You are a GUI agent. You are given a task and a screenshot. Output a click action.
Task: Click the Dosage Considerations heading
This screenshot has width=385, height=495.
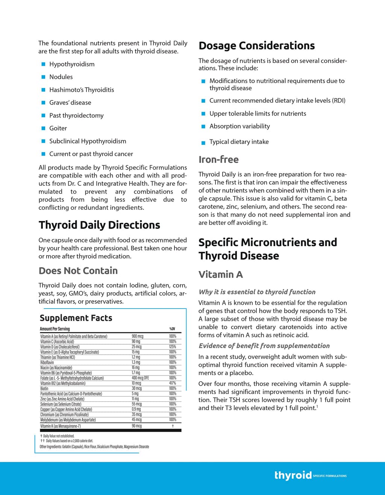(x=256, y=46)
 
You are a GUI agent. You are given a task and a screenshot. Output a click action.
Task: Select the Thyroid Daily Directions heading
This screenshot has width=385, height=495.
(x=99, y=225)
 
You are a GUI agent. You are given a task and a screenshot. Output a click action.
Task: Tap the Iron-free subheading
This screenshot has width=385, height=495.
(x=218, y=160)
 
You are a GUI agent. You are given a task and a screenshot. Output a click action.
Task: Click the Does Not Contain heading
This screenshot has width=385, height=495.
(x=78, y=271)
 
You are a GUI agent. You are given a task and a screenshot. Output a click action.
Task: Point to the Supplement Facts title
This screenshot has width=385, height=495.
(x=76, y=318)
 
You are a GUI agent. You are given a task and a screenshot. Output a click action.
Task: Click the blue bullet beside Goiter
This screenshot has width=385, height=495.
(x=43, y=129)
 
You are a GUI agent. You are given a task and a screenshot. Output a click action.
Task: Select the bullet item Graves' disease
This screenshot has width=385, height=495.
(x=70, y=103)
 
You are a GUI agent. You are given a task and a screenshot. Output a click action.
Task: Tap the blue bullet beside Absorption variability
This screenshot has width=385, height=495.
(x=203, y=127)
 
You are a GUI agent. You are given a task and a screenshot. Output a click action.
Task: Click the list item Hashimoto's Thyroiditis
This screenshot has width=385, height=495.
(x=82, y=90)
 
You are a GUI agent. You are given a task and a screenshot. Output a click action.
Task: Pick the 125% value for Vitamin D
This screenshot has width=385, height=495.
(x=173, y=347)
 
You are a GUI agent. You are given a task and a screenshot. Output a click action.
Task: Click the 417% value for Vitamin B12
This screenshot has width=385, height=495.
(x=173, y=383)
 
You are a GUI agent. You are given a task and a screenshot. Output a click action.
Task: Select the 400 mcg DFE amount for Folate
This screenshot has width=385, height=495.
(x=140, y=378)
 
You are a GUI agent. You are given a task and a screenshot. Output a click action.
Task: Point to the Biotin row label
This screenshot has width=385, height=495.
(x=44, y=389)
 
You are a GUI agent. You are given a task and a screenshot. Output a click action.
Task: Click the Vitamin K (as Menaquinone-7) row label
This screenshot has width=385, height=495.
(x=61, y=426)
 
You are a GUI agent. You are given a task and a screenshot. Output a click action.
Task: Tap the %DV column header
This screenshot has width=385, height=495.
(x=172, y=329)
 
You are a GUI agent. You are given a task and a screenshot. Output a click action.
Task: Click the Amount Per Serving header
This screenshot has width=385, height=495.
(x=55, y=329)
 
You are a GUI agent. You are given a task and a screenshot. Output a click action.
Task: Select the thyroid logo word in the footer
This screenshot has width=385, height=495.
(x=293, y=475)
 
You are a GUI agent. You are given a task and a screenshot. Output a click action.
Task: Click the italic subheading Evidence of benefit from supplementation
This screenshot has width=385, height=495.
(x=264, y=346)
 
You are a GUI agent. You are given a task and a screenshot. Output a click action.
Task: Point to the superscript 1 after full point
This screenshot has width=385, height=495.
(x=317, y=406)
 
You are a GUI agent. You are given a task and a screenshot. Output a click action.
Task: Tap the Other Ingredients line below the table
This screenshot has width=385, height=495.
(x=94, y=447)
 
